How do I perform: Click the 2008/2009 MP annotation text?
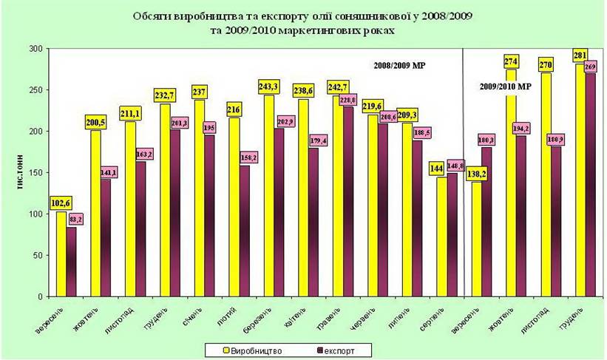[399, 65]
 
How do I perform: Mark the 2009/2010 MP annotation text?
[502, 86]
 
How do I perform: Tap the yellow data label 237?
[199, 92]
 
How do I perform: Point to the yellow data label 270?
[546, 64]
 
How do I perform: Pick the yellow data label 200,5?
[99, 123]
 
